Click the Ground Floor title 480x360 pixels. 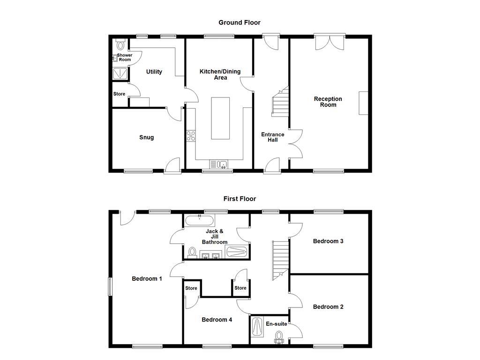pos(240,22)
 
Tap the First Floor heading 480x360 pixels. pos(240,199)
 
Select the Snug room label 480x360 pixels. pos(146,137)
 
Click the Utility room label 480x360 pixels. pos(154,72)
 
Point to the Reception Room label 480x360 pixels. pos(328,102)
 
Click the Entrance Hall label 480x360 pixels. pos(272,137)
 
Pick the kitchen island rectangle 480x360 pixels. pos(220,118)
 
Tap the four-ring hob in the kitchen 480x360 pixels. pos(191,136)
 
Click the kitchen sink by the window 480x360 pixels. pos(218,164)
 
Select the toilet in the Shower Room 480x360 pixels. pos(120,45)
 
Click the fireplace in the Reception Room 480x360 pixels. pos(364,103)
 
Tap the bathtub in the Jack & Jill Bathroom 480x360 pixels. pos(200,220)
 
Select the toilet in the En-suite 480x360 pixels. pos(279,337)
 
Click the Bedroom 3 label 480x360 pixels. pos(328,241)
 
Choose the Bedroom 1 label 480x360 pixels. pos(147,278)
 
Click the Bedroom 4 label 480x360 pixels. pos(217,320)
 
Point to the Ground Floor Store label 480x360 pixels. pos(119,94)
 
